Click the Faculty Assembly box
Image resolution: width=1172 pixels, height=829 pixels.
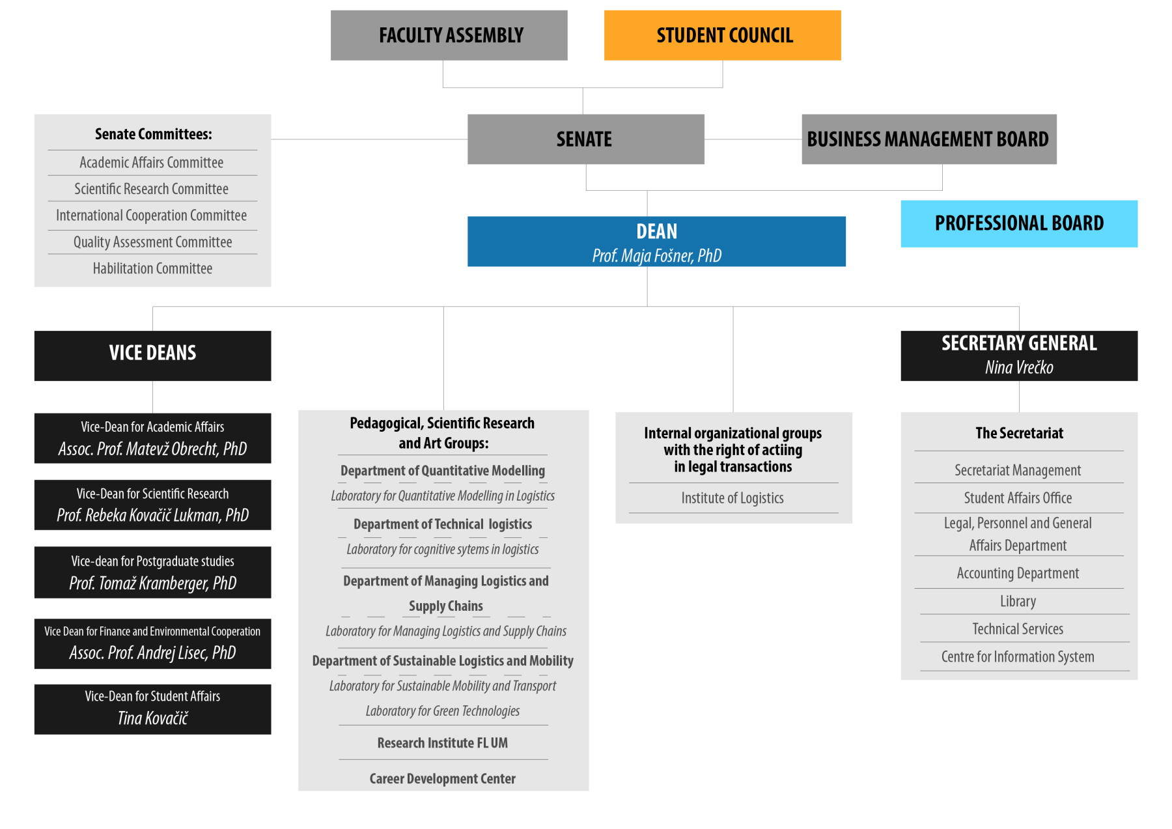449,35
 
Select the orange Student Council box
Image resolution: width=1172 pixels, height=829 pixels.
722,35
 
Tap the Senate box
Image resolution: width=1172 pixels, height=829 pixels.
585,139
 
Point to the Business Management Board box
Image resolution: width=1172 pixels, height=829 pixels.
928,139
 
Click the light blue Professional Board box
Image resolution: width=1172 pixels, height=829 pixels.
1019,223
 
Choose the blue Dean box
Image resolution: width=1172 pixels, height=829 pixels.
656,242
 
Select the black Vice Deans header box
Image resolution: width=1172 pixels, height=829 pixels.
152,356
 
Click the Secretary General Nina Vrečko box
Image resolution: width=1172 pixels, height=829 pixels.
1019,356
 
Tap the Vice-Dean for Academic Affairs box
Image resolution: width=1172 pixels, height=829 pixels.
152,438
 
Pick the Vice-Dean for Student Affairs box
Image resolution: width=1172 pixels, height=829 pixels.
152,709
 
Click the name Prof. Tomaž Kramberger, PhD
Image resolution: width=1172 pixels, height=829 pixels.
153,583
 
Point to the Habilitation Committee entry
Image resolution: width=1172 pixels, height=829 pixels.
152,268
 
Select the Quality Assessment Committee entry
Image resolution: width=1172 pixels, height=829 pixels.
152,242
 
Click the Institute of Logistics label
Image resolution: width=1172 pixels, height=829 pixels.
732,498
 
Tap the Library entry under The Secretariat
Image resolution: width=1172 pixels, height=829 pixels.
1018,601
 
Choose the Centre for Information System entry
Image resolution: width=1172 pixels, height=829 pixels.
1018,656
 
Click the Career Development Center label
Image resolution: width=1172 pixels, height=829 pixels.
443,779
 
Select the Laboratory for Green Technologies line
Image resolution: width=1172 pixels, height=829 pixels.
443,711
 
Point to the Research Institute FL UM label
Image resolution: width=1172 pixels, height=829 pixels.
443,743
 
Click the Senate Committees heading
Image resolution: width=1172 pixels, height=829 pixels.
154,134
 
